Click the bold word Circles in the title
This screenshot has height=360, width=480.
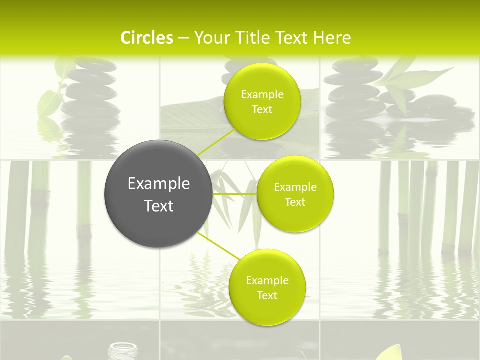point(146,38)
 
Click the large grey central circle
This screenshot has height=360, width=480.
point(158,194)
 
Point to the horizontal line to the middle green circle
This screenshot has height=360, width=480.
point(235,193)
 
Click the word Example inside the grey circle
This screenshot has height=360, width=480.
point(158,184)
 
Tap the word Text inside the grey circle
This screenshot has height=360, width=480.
point(158,206)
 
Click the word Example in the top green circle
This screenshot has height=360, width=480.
point(262,95)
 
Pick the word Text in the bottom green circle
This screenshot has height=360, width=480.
point(267,295)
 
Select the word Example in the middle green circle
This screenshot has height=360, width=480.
point(295,187)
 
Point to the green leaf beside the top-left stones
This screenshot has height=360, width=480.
point(50,102)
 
